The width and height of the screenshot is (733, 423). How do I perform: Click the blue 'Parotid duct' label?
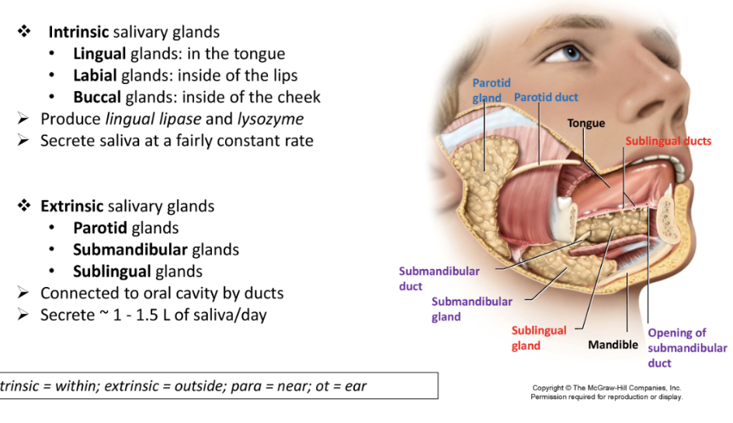coord(546,97)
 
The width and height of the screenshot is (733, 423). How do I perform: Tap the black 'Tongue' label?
coord(585,123)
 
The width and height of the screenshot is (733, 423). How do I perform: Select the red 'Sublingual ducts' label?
coord(669,141)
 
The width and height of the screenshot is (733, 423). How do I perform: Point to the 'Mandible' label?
coord(613,344)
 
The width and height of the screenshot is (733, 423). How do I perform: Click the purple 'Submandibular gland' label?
coord(471,309)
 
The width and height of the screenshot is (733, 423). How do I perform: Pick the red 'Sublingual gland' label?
coord(538,338)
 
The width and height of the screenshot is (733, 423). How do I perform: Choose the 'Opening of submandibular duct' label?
coord(687,348)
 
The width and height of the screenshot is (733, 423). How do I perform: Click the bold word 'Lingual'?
coord(99,54)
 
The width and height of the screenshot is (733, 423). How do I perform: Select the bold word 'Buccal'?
coord(97,97)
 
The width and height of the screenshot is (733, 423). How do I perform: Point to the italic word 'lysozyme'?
coord(271,119)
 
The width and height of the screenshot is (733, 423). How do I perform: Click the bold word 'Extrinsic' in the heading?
coord(71,206)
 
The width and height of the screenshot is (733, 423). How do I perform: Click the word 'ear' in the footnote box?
coord(355,386)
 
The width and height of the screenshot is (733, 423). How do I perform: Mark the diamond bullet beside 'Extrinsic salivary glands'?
coord(24,206)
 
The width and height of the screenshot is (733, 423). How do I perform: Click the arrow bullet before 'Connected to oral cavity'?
coord(23,293)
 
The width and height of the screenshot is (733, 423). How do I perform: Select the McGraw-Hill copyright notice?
coord(606,392)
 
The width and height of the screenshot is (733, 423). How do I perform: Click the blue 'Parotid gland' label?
coord(491,90)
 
